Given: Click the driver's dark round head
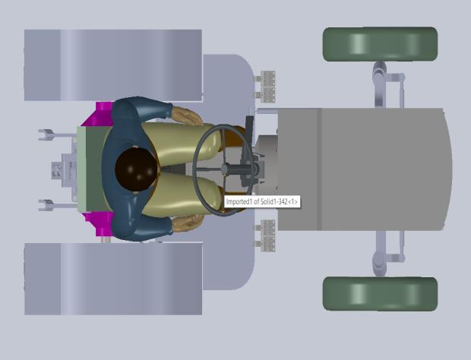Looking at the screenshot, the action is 136,169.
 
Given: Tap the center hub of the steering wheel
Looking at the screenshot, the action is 225,169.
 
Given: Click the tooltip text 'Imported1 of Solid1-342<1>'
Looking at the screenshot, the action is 262,201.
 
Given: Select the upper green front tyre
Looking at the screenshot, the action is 380,44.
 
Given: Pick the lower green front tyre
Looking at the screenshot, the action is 380,294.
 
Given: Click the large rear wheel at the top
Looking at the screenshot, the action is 113,65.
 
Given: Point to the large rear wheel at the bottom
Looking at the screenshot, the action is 113,279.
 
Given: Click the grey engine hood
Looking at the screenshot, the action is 365,169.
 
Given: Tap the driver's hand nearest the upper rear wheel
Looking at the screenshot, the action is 188,116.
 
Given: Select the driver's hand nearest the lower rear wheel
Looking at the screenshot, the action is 188,223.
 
